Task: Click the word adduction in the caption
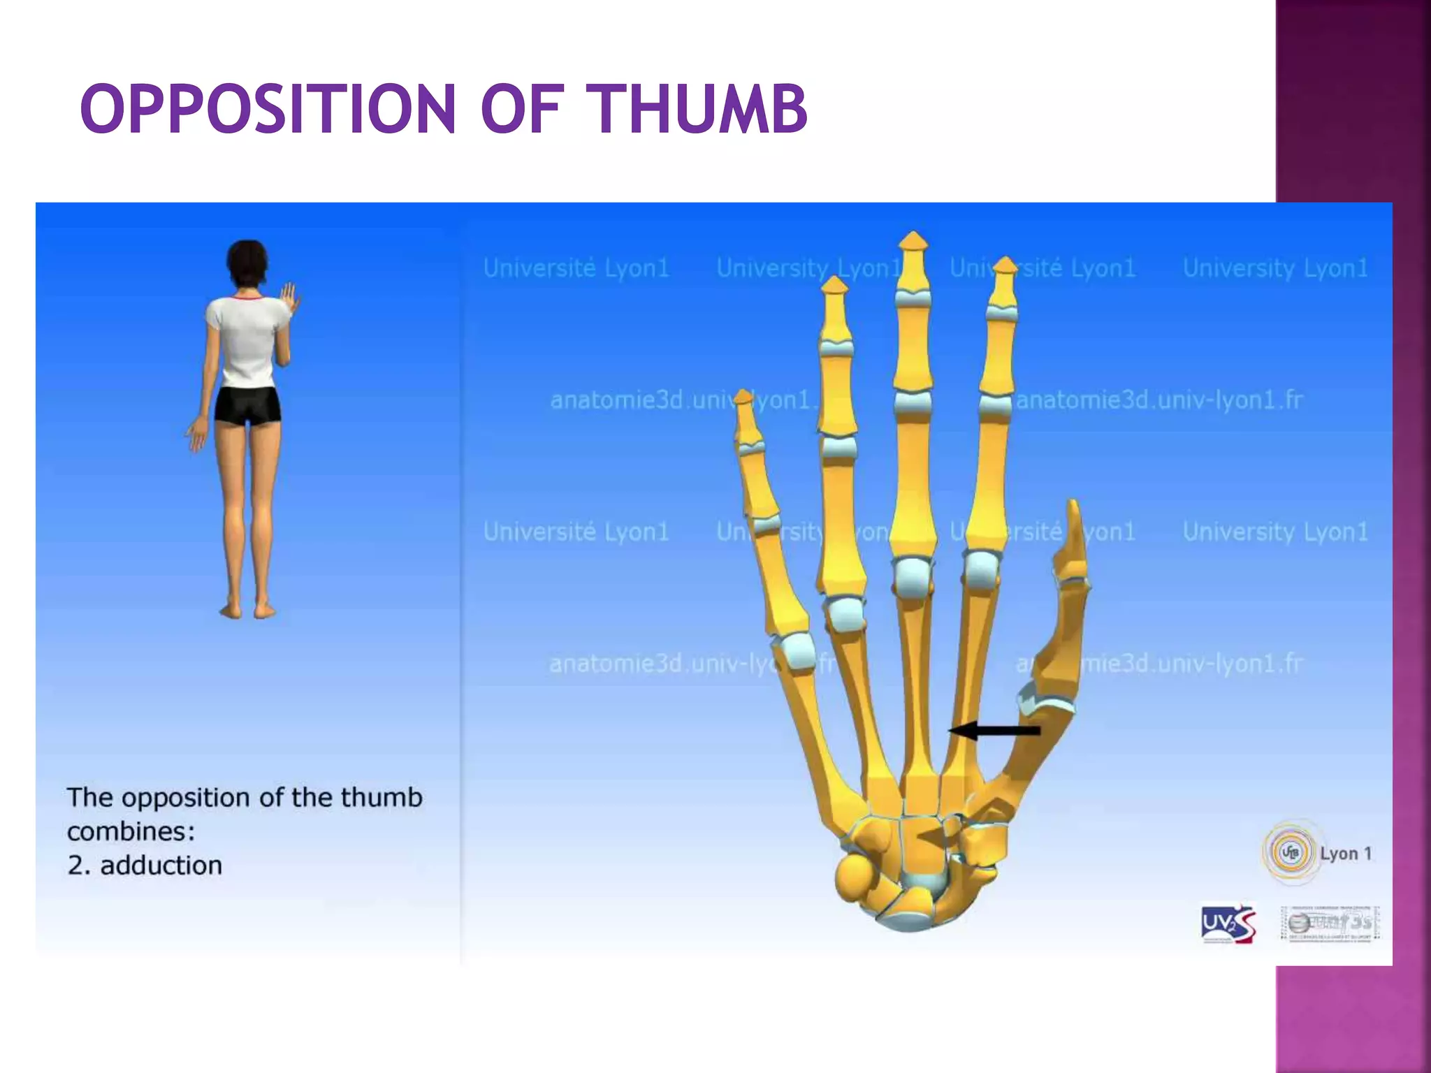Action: click(161, 866)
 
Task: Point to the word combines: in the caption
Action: click(131, 831)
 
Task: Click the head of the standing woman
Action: click(247, 262)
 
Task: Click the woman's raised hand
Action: click(290, 297)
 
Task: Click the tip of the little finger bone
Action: click(745, 398)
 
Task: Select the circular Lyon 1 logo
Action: click(1290, 852)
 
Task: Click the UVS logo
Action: click(1228, 924)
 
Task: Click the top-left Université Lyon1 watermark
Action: click(576, 268)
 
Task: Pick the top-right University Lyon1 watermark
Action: click(1274, 268)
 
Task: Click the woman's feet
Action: click(248, 611)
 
